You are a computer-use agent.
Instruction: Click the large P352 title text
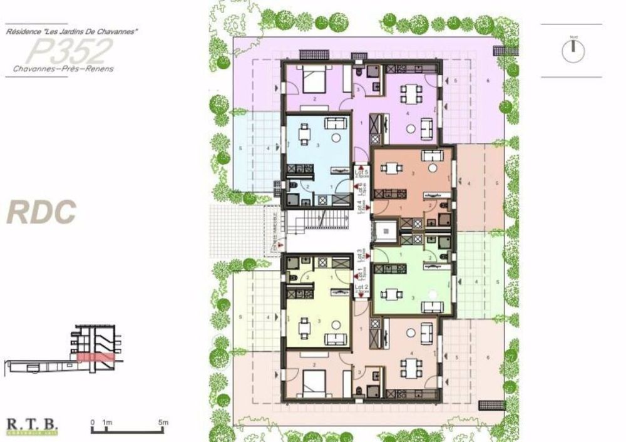click(70, 49)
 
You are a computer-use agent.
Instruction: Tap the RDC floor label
click(41, 212)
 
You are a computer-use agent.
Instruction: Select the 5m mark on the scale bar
click(163, 423)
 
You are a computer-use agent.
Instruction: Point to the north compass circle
click(573, 51)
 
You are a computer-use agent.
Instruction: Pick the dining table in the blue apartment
click(304, 133)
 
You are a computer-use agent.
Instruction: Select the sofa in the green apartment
click(432, 306)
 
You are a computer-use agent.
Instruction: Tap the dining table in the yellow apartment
click(304, 327)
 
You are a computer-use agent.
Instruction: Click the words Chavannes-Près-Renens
click(63, 69)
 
